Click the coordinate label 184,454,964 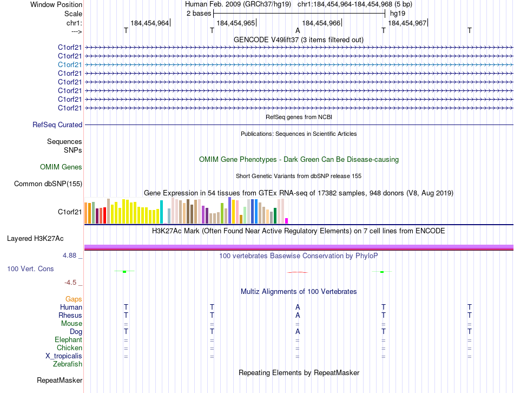coord(149,23)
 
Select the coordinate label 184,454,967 coord(407,23)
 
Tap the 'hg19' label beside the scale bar coord(398,14)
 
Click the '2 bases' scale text coord(197,14)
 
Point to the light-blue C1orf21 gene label coord(70,64)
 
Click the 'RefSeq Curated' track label coord(57,125)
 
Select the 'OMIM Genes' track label coord(61,167)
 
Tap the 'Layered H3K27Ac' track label coord(35,238)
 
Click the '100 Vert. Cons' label coord(30,268)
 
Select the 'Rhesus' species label coord(71,315)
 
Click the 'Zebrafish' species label coord(68,364)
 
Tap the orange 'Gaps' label coord(74,299)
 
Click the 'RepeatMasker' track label coord(60,381)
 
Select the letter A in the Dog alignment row coord(298,331)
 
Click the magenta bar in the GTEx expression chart coord(287,220)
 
